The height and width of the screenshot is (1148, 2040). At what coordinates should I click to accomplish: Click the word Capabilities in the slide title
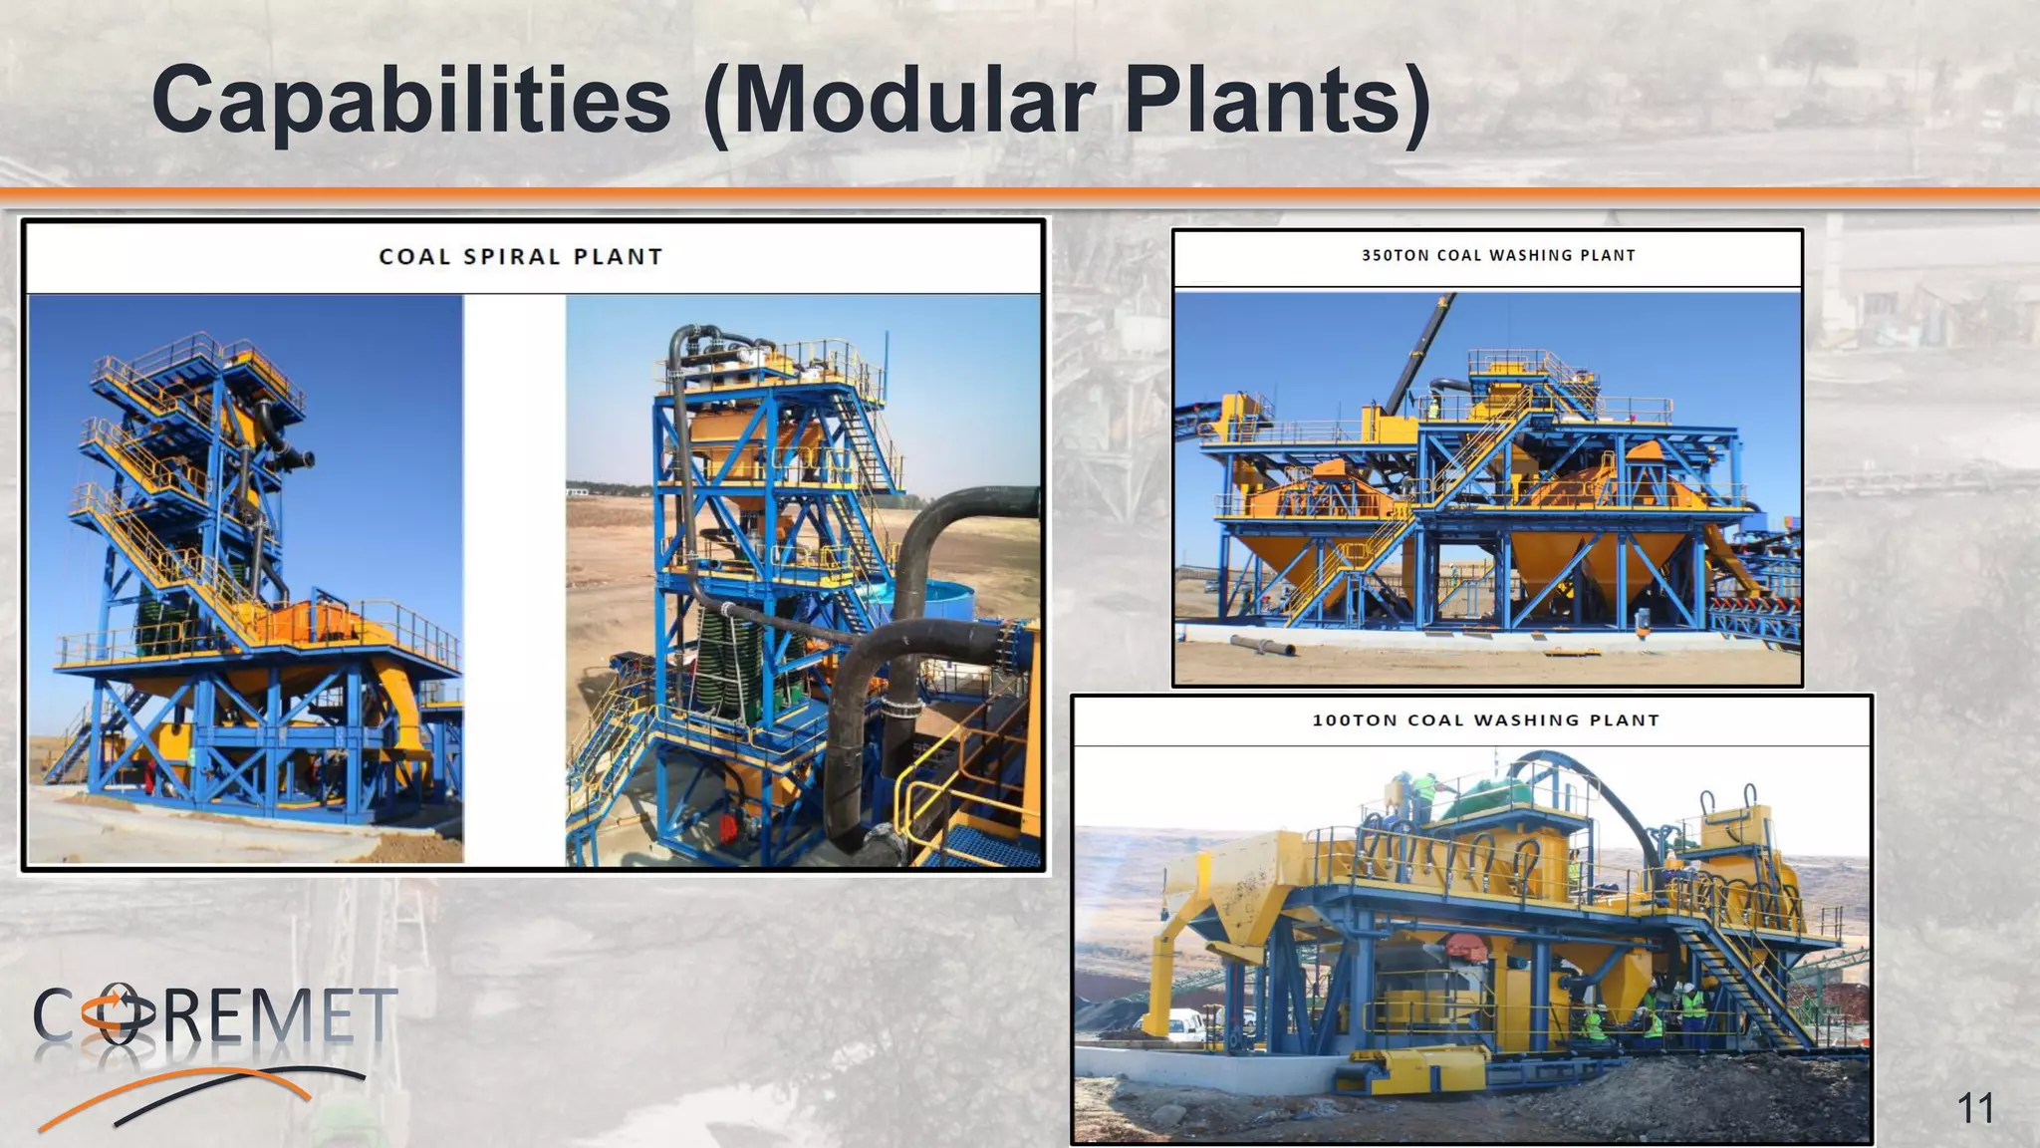point(411,100)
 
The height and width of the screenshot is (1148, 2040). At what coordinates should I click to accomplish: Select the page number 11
point(1975,1108)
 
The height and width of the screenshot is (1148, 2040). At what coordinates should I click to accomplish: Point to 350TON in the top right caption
point(1395,255)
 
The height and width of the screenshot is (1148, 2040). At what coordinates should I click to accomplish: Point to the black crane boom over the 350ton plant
point(1419,349)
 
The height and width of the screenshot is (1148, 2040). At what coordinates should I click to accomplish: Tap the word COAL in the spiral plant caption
point(414,257)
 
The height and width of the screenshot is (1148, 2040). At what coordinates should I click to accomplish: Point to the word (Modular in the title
point(896,100)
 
